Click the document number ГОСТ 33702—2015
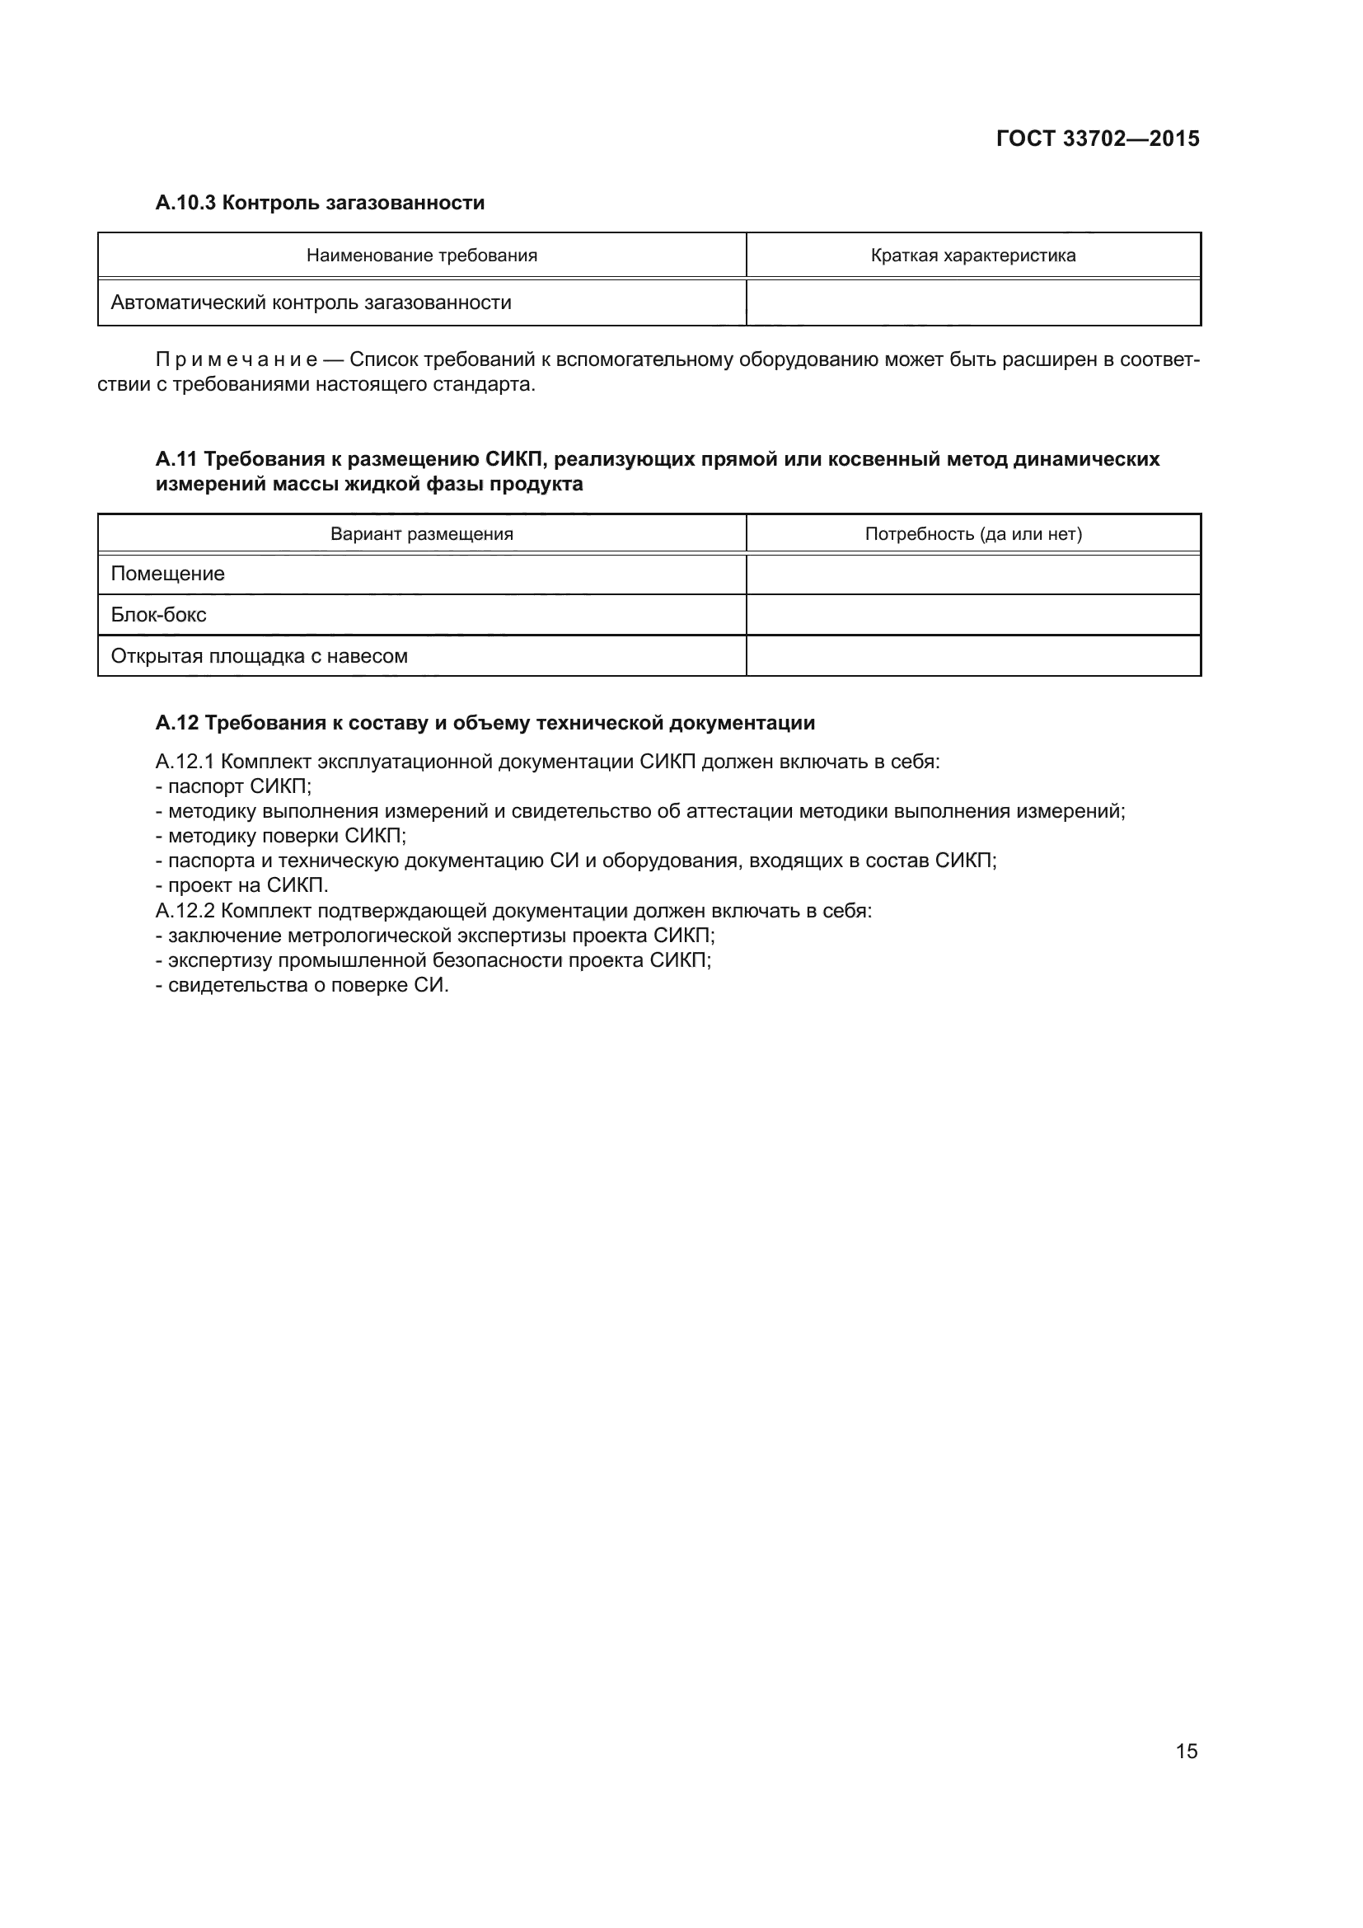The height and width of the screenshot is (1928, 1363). click(x=1097, y=138)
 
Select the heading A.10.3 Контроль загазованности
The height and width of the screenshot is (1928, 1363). click(x=320, y=203)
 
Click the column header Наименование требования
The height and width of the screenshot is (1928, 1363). click(x=421, y=256)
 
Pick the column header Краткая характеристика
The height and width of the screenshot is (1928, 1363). click(x=972, y=256)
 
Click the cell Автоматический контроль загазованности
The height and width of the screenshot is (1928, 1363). click(x=311, y=303)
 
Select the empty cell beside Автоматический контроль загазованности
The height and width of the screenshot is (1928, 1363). click(x=972, y=303)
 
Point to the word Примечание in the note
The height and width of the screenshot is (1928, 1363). click(x=236, y=360)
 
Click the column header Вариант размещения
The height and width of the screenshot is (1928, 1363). click(x=421, y=534)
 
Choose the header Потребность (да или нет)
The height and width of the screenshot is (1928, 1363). click(x=972, y=534)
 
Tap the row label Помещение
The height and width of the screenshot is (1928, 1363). click(x=168, y=575)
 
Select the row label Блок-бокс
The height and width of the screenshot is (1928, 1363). click(x=158, y=615)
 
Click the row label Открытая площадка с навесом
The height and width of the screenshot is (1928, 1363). click(x=260, y=656)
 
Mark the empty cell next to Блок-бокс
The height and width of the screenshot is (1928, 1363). click(x=972, y=615)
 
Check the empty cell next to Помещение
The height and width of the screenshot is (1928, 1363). click(x=972, y=575)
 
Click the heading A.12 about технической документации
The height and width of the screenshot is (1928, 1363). click(x=485, y=723)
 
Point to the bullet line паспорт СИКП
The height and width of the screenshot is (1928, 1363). click(x=234, y=787)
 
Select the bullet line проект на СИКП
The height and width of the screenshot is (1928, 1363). click(x=242, y=885)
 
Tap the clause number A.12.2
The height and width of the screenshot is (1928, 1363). click(x=185, y=910)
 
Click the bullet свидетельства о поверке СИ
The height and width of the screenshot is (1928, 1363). click(x=303, y=985)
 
